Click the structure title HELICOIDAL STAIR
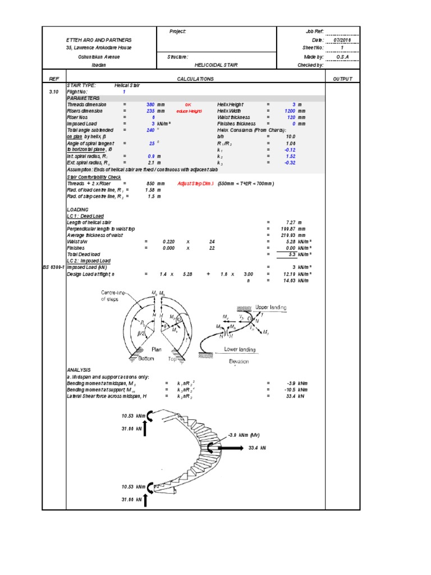[215, 65]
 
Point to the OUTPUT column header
[342, 79]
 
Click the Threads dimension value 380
[150, 104]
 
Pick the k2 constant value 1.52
[290, 156]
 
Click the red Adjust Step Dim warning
[196, 184]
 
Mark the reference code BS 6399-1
[54, 267]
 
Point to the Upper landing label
[270, 308]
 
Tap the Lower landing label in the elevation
[240, 349]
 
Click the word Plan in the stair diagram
[157, 349]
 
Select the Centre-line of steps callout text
[114, 296]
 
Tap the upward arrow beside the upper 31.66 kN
[145, 430]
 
